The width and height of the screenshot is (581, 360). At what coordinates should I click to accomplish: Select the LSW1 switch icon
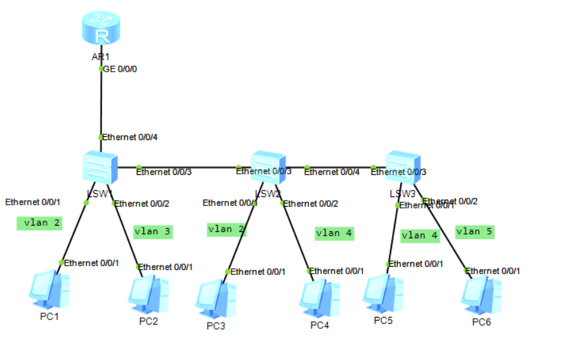coord(100,167)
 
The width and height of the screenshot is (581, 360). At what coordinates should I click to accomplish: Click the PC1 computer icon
coord(49,289)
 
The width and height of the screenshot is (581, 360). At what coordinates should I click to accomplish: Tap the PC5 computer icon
coord(382,293)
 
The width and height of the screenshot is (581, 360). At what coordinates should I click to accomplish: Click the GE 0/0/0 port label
coord(120,69)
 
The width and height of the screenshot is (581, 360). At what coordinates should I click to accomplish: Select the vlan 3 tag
coord(152,231)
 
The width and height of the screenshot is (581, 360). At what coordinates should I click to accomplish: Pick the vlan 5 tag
coord(474,231)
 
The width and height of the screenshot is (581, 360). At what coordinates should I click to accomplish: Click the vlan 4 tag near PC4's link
coord(334,233)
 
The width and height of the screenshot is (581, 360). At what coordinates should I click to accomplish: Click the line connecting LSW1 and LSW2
coord(184,167)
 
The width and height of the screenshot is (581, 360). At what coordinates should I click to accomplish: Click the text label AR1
coord(100,57)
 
